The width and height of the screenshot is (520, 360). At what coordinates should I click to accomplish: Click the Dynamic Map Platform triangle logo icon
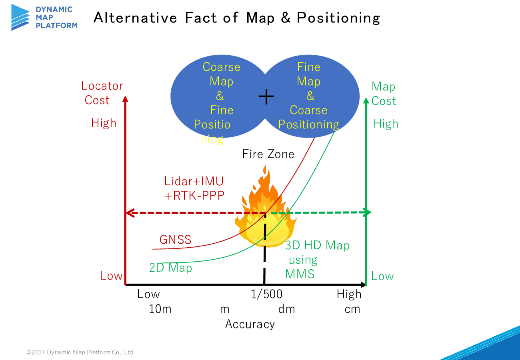point(20,17)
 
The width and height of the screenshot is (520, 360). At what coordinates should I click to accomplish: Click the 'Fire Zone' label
point(268,154)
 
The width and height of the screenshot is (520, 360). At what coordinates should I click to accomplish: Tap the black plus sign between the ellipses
point(266,96)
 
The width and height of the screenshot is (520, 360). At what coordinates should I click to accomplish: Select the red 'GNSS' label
point(175,239)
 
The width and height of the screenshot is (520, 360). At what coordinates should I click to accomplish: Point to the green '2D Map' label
point(170,268)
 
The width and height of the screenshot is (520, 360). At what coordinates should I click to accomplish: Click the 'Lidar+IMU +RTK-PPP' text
point(194,188)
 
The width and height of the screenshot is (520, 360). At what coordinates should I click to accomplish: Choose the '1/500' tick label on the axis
point(266,294)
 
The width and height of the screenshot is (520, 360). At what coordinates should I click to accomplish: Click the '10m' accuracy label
point(160,309)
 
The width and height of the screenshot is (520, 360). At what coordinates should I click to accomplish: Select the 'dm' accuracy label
point(286,309)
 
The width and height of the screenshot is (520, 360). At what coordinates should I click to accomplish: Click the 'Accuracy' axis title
point(250,324)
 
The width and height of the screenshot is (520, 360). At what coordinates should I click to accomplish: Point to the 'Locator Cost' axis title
point(102,93)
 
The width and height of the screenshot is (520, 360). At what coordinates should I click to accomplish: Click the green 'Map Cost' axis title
point(384,94)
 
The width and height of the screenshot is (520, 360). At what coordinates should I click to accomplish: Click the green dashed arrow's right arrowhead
point(368,212)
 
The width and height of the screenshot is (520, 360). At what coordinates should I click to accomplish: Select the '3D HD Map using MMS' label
point(317,260)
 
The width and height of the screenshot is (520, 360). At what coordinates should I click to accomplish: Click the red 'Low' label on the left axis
point(111,276)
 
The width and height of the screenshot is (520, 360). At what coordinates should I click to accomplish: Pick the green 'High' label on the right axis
point(386,123)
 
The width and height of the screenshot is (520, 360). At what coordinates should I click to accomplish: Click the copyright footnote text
point(80,352)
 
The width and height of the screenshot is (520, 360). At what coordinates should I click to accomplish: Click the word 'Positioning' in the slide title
point(338,18)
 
